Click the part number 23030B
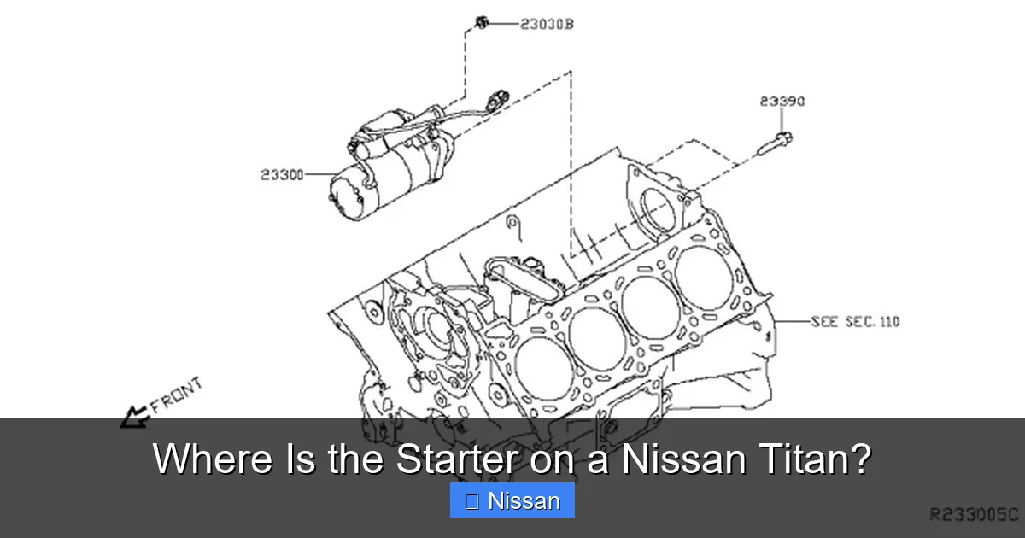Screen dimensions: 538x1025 547,24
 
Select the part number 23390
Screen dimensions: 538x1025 782,102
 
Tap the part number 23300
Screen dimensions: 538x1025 282,175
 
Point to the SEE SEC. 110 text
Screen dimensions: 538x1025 854,322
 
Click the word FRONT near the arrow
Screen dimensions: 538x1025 177,395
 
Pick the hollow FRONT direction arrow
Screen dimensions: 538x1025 134,417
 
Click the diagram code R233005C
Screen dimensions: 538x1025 973,514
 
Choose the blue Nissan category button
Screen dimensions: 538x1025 512,500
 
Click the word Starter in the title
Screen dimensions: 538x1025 455,459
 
